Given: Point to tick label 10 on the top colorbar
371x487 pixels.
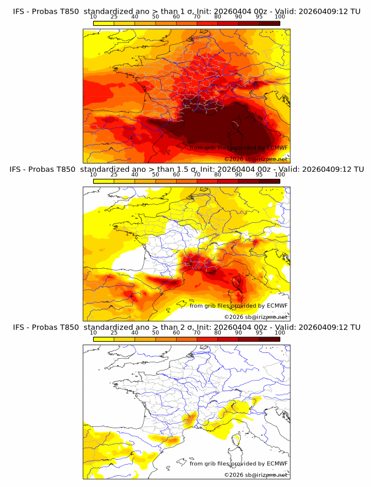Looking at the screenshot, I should tap(94, 16).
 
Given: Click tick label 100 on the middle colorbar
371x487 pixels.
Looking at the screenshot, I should tap(280, 175).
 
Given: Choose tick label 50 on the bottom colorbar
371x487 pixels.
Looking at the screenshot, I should tap(155, 332).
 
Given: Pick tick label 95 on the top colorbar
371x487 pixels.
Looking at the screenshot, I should tap(259, 16).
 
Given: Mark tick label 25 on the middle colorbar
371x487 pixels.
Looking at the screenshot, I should tap(114, 175).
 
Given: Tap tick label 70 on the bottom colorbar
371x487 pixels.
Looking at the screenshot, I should tap(197, 332).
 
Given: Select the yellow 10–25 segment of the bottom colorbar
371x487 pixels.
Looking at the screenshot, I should tap(104, 339).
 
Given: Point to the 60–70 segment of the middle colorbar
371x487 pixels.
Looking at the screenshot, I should tap(187, 181).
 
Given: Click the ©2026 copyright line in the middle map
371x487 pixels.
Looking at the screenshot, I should tap(256, 317).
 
